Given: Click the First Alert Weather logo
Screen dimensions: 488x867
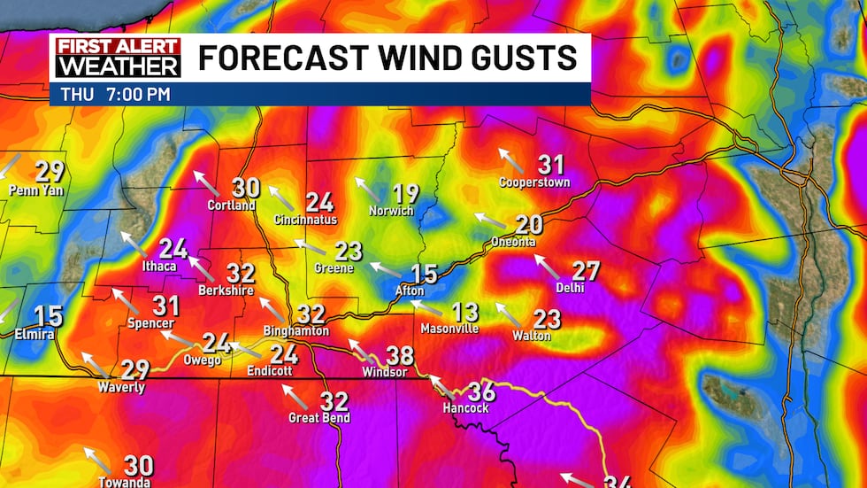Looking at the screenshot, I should click(118, 58).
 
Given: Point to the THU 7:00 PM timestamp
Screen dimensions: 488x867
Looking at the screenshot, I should click(116, 94).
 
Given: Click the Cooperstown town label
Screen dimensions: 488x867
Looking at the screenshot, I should click(534, 182).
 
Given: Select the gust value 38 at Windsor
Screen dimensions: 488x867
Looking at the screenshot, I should click(400, 356).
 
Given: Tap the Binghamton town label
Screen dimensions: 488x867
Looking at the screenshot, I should click(296, 330).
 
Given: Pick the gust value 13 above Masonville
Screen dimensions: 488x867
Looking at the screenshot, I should click(464, 312).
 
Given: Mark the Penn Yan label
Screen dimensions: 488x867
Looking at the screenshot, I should click(36, 190).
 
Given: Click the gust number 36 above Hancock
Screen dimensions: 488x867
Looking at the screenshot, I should click(480, 391).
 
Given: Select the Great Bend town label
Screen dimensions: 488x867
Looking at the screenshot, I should click(319, 417).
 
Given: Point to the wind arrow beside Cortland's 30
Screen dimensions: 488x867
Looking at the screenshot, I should click(207, 183).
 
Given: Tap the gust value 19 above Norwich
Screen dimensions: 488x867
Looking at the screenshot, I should click(405, 194).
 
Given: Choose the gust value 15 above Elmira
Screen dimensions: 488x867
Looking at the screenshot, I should click(49, 315).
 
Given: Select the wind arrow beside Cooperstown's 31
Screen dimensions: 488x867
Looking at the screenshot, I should click(511, 160).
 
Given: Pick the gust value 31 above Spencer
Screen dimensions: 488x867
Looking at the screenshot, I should click(165, 306).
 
